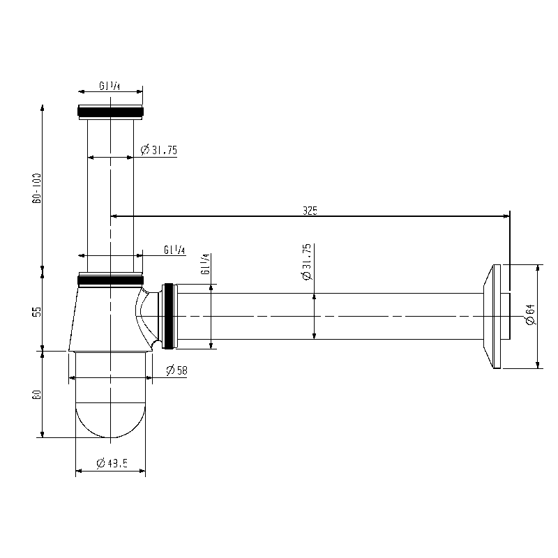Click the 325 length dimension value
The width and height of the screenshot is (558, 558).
pyautogui.click(x=310, y=210)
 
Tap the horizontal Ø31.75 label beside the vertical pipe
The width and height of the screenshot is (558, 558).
pyautogui.click(x=158, y=149)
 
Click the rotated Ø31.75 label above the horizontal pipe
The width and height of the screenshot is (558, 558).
pyautogui.click(x=307, y=263)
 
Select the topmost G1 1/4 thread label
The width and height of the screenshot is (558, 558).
pyautogui.click(x=110, y=86)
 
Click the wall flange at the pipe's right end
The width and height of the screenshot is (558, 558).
pyautogui.click(x=497, y=316)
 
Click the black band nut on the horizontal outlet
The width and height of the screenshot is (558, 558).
pyautogui.click(x=168, y=315)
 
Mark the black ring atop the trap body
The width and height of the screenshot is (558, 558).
pyautogui.click(x=110, y=280)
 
